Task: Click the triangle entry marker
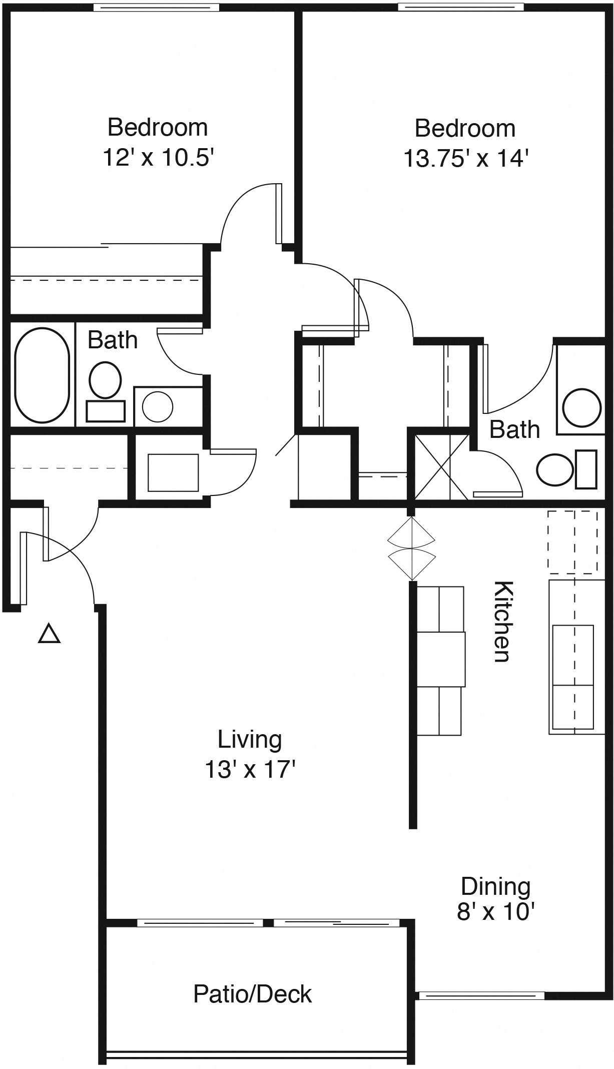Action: pos(50,634)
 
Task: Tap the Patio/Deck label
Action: pos(252,994)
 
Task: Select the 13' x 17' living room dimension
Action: pos(250,770)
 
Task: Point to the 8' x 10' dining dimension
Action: pos(496,912)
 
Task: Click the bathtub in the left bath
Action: pos(42,375)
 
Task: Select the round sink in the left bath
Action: pos(158,406)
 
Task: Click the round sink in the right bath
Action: pos(581,407)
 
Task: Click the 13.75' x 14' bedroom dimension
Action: pos(466,159)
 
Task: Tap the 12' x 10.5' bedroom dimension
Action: pos(158,158)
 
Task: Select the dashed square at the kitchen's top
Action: pos(572,542)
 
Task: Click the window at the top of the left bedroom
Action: pos(157,8)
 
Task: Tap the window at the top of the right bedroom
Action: pos(460,7)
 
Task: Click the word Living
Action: pos(250,739)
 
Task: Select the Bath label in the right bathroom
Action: pos(514,429)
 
